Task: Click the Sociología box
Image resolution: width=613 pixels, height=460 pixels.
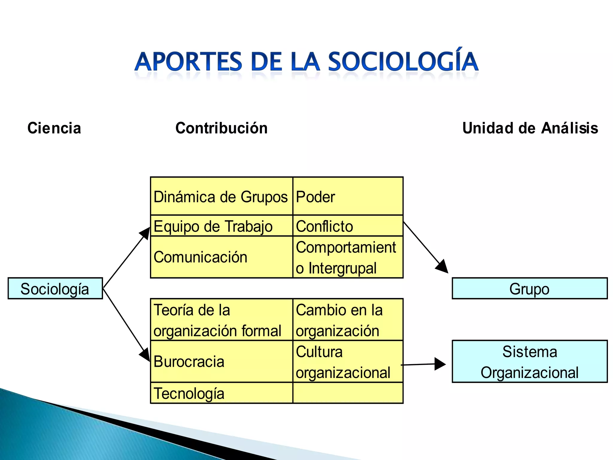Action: (55, 288)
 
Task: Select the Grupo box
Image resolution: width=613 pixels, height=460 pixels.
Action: (529, 288)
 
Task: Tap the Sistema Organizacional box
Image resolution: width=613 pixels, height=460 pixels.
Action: (529, 361)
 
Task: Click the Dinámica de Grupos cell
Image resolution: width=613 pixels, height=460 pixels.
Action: (221, 196)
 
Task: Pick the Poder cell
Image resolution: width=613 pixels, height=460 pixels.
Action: (348, 196)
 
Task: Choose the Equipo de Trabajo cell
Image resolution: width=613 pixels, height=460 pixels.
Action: (221, 226)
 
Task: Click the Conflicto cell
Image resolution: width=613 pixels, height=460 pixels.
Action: (348, 226)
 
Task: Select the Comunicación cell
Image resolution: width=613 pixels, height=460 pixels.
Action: (221, 257)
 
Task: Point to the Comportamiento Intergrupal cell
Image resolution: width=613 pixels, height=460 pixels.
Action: (348, 257)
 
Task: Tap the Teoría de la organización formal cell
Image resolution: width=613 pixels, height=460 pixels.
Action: (221, 320)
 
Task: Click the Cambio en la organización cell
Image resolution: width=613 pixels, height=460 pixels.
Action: (348, 320)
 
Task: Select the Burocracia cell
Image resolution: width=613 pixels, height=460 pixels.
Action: (221, 361)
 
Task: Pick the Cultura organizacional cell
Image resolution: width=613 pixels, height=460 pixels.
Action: (348, 361)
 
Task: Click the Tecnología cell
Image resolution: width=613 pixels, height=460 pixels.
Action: (221, 393)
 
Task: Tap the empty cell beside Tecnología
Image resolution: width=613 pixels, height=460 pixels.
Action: (348, 393)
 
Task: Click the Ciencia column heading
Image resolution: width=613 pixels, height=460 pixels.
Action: (54, 128)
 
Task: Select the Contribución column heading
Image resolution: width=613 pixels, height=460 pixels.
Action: (221, 128)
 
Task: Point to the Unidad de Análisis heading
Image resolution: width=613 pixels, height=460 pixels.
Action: (530, 128)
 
